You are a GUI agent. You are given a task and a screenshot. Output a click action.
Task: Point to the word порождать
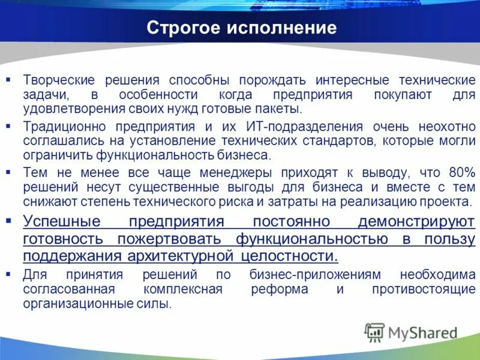tap(270, 80)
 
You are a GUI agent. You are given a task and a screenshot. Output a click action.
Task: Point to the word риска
tap(279, 202)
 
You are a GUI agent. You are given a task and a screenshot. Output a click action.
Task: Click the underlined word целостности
tap(293, 257)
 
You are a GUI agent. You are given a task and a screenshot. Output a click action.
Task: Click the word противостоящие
tap(424, 289)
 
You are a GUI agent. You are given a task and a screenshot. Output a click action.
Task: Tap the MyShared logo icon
tap(374, 332)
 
